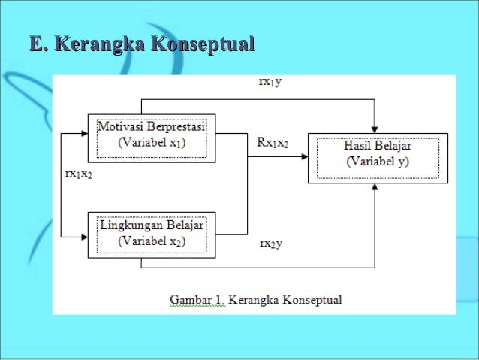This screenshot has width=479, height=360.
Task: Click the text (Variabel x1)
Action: (152, 141)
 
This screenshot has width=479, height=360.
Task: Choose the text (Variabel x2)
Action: (152, 241)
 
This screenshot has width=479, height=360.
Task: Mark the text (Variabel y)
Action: (378, 162)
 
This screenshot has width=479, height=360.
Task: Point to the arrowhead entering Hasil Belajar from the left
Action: (303, 156)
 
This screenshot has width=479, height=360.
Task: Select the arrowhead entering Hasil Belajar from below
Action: (373, 186)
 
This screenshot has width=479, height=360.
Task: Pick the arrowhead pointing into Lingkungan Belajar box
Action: (83, 235)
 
